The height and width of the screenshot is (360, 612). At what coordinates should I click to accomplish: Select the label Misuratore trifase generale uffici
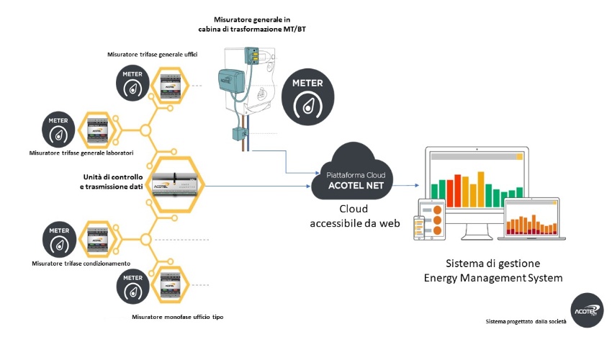tap(153, 55)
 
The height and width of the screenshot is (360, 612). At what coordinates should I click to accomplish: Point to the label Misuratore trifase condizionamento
tap(81, 264)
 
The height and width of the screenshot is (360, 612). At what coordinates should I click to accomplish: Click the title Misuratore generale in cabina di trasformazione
tap(253, 24)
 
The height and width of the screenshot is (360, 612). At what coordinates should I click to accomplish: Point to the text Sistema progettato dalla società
tap(526, 320)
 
